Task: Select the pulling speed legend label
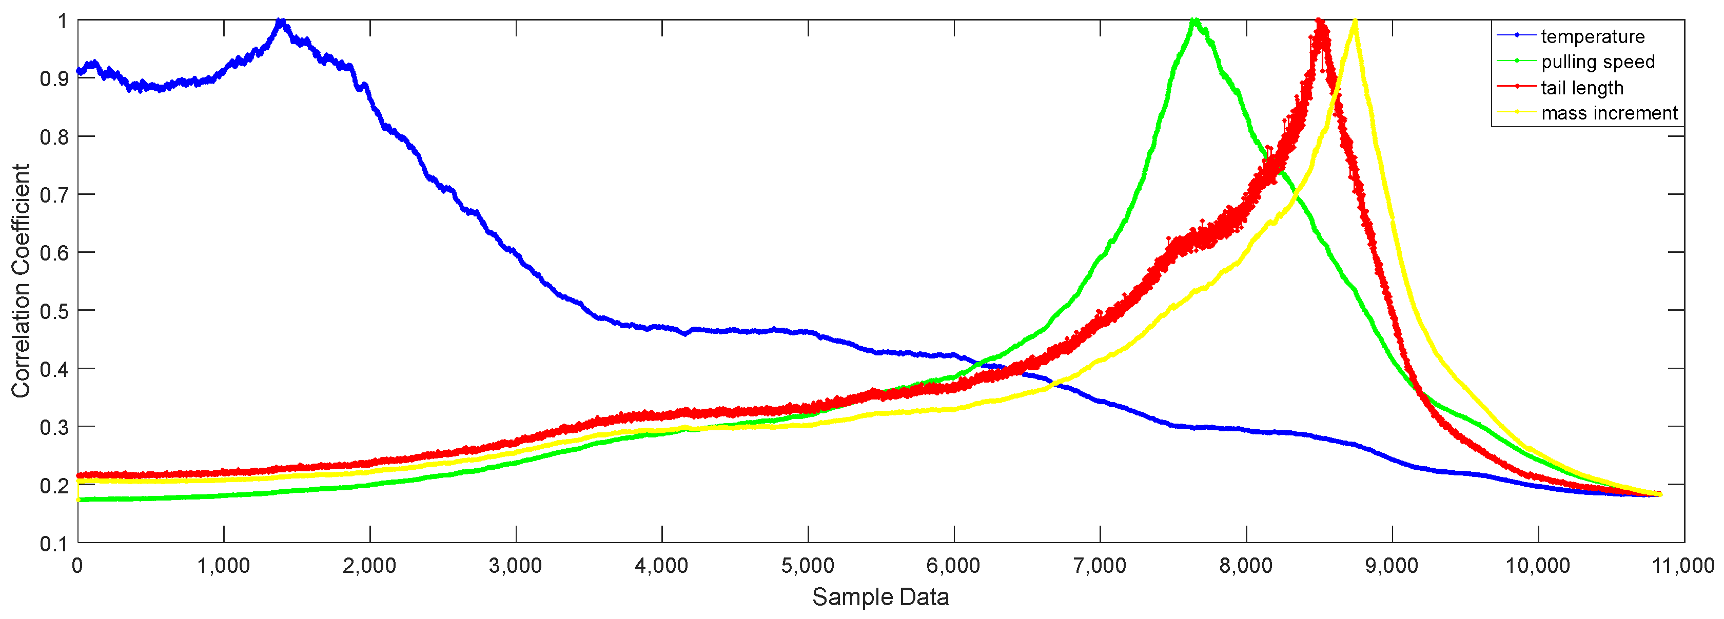coord(1597,62)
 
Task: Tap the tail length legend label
coord(1582,88)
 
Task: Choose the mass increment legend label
coord(1609,113)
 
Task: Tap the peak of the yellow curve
coord(1355,22)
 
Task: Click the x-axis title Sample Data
coord(880,597)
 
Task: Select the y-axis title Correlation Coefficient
coord(21,281)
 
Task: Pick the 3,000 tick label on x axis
coord(515,566)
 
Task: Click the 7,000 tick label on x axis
coord(1100,566)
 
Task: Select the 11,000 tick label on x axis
coord(1682,566)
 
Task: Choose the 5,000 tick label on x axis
coord(808,566)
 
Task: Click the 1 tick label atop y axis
coord(62,22)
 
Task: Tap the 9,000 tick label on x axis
coord(1392,566)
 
